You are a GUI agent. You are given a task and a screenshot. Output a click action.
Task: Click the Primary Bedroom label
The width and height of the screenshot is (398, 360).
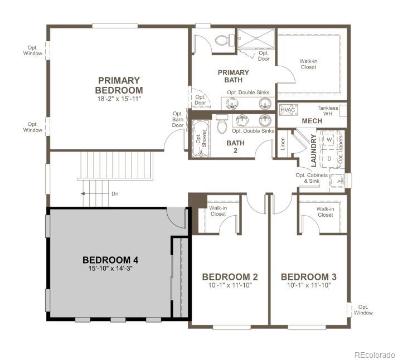pos(119,85)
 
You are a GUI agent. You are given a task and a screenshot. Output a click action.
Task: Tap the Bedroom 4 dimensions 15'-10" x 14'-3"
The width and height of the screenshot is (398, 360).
pos(110,268)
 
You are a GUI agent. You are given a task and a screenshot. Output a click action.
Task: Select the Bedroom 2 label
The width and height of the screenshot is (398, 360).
pos(230,277)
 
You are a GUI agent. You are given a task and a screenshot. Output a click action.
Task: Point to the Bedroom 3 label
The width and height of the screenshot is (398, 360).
pos(309,277)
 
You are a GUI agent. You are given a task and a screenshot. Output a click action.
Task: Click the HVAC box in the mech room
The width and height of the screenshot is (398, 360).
pos(287,110)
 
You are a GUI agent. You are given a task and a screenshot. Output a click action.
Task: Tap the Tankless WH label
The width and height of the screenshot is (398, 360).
pos(328,111)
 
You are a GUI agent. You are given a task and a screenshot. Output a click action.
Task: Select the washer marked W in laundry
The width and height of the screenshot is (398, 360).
pos(329,139)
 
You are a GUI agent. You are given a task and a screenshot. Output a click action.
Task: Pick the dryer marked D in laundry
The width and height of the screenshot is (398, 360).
pos(329,158)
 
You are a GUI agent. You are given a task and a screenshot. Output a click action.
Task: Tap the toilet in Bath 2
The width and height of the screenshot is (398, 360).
pos(221,125)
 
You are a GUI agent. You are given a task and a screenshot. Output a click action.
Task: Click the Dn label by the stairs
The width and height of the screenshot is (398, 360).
pos(115,194)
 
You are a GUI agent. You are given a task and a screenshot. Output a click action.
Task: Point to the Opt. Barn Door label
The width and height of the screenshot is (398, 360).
pos(178,119)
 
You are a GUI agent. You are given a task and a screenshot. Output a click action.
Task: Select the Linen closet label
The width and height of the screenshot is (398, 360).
pos(283,144)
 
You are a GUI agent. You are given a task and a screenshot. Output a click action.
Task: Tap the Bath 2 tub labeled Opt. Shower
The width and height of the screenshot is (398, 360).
pos(199,135)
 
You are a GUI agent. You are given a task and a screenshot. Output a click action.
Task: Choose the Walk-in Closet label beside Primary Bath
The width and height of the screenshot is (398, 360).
pos(308,64)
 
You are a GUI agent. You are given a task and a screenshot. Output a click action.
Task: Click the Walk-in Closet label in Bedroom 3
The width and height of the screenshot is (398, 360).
pos(325,212)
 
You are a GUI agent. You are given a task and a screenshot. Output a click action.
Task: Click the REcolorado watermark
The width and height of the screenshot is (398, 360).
pos(375,354)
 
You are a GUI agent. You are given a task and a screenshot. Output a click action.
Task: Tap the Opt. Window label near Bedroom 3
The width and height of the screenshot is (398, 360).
pos(363,310)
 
